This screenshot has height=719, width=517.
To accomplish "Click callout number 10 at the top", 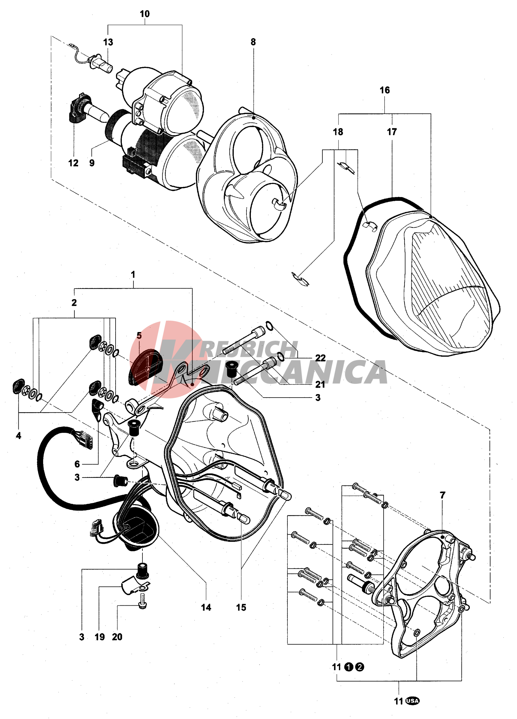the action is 145,14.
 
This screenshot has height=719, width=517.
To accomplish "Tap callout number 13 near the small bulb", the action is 108,42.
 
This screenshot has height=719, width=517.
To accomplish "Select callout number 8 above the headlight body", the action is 253,42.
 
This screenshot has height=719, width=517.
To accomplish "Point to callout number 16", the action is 385,90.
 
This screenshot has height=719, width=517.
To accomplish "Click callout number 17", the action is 392,132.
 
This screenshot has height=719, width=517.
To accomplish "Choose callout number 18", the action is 338,132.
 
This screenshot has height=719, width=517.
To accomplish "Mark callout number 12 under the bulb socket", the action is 73,163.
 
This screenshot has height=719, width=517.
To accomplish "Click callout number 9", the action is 92,163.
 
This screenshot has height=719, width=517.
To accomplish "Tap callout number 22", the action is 321,358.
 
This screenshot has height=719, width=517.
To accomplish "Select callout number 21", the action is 320,384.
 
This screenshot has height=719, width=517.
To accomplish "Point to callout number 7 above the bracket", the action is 443,495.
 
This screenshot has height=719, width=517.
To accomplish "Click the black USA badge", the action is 412,701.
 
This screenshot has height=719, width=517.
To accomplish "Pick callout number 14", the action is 206,607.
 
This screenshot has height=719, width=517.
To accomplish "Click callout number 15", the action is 241,607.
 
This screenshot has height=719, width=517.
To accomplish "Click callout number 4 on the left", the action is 18,436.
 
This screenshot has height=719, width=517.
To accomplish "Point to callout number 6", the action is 77,464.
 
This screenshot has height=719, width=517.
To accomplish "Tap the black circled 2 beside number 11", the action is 360,667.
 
